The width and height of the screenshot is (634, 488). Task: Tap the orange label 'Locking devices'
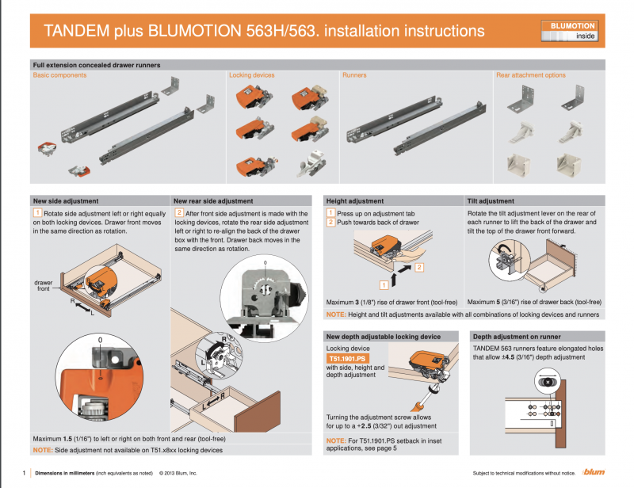click(251, 75)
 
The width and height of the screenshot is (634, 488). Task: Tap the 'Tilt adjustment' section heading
click(491, 201)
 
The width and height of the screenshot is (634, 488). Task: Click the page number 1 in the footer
click(25, 473)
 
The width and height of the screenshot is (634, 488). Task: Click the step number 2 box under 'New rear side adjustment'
click(179, 214)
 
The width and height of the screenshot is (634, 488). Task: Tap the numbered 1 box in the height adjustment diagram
click(384, 283)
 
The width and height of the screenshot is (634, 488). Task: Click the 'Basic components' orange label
click(59, 75)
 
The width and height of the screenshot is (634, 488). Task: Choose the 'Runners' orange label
click(354, 75)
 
